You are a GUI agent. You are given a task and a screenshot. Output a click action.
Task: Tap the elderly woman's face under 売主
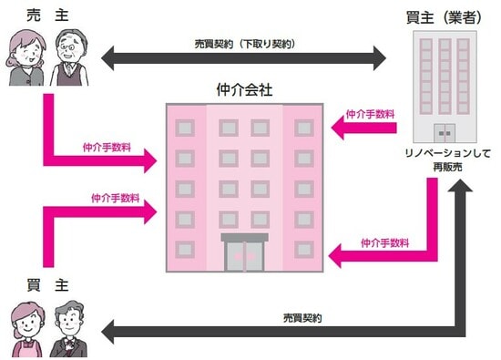point(25,51)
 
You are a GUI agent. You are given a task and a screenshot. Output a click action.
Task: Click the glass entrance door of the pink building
point(245,254)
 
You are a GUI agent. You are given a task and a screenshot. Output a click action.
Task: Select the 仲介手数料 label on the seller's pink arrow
point(106,146)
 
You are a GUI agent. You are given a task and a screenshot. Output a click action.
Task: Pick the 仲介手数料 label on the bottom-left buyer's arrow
point(115,198)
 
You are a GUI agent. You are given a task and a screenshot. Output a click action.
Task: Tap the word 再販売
point(445,170)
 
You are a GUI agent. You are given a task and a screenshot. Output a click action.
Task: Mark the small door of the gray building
point(445,129)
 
